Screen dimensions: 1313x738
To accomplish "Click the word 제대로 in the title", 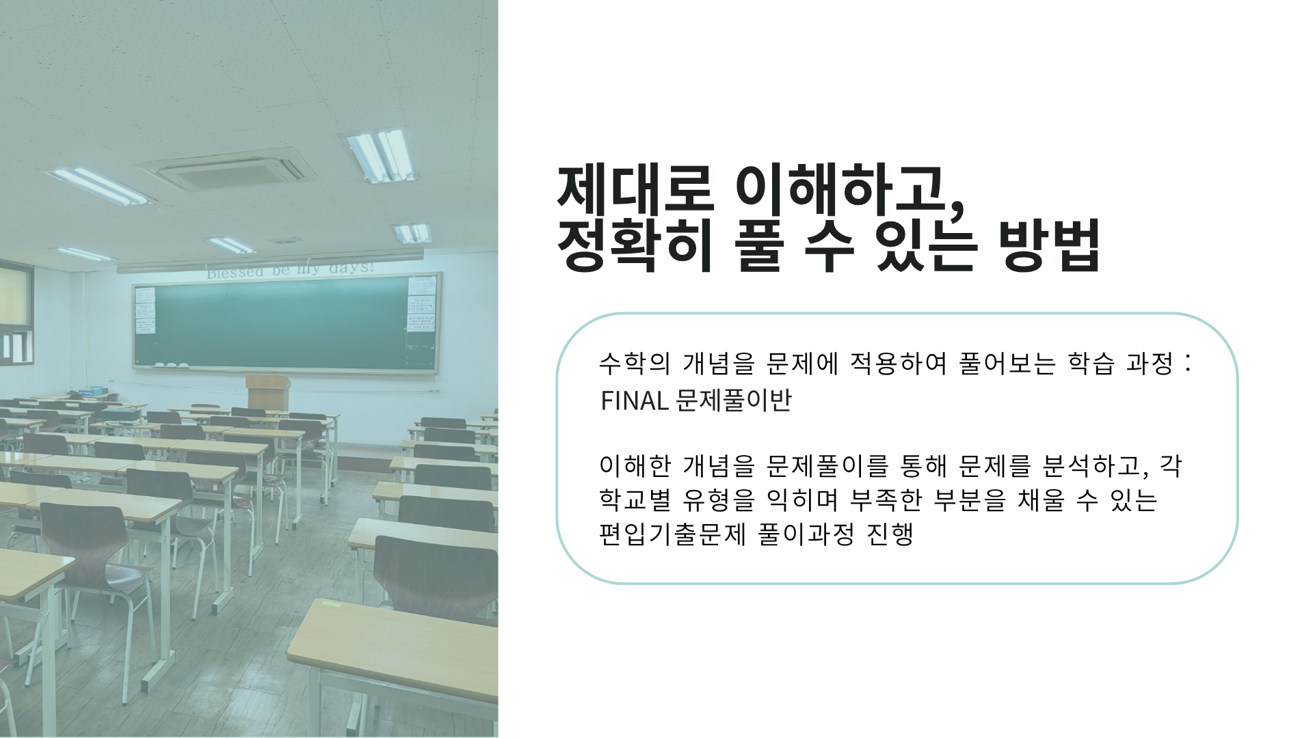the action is click(635, 187).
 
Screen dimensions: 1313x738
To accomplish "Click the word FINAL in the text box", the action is click(634, 401).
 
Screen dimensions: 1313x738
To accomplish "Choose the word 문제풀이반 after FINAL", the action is click(733, 400).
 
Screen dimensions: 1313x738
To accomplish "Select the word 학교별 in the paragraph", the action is click(635, 500).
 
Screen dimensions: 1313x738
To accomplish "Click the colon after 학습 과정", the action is click(1189, 363).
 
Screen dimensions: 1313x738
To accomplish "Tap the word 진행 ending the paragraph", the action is click(890, 534).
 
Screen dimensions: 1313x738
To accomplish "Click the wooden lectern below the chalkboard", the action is click(267, 392).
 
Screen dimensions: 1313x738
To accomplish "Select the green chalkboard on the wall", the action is click(286, 323).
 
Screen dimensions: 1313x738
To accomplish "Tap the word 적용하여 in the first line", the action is click(898, 364).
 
